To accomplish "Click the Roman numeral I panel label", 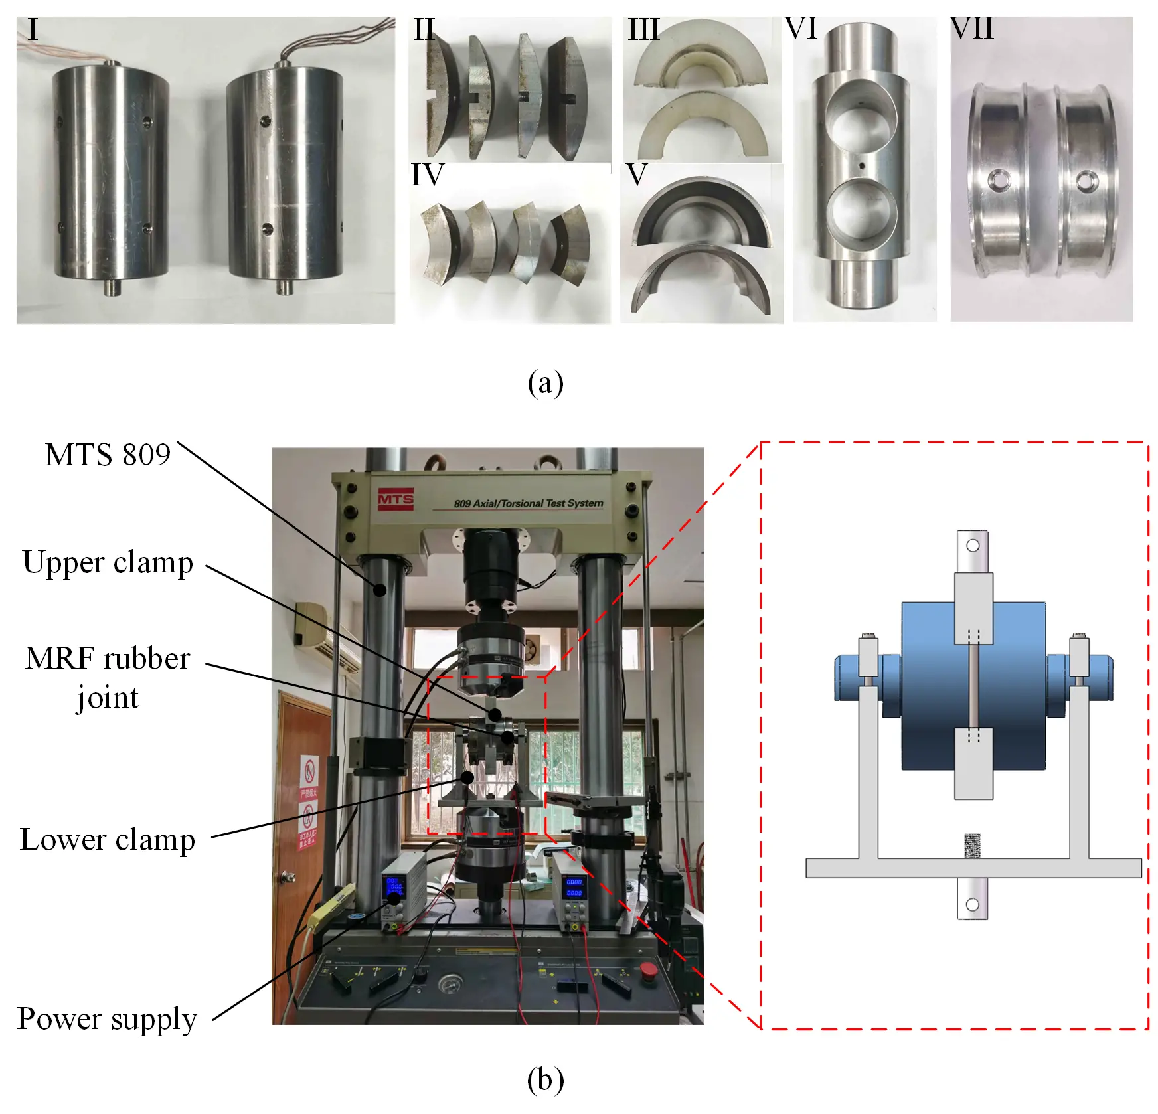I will pyautogui.click(x=33, y=30).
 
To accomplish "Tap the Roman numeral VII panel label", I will pyautogui.click(x=971, y=29).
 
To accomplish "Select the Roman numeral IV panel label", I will pyautogui.click(x=427, y=175).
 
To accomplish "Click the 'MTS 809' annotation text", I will pyautogui.click(x=108, y=455).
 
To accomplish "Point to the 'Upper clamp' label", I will pyautogui.click(x=108, y=563).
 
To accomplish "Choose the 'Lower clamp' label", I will pyautogui.click(x=108, y=840).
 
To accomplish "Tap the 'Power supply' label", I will pyautogui.click(x=108, y=1019).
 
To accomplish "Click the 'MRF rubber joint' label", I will pyautogui.click(x=108, y=677).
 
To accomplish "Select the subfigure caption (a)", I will pyautogui.click(x=545, y=383).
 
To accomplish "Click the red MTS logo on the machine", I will pyautogui.click(x=396, y=499).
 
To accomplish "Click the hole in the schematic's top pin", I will pyautogui.click(x=973, y=546).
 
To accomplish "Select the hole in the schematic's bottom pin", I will pyautogui.click(x=973, y=904).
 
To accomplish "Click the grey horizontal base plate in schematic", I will pyautogui.click(x=973, y=868).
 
